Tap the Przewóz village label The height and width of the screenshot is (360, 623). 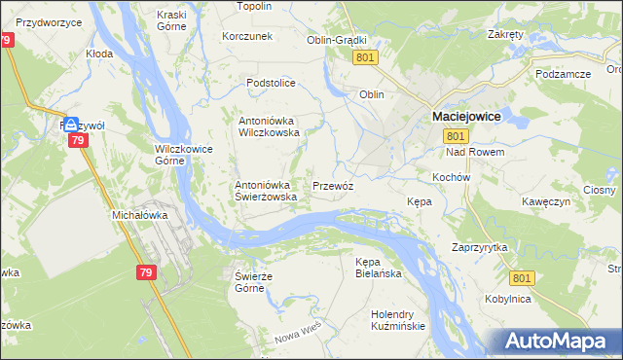[x=332, y=185]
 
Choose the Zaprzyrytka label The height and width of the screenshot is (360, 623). [x=480, y=248]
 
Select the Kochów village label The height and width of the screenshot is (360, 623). [x=452, y=178]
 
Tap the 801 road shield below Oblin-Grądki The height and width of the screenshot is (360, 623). [x=365, y=58]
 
